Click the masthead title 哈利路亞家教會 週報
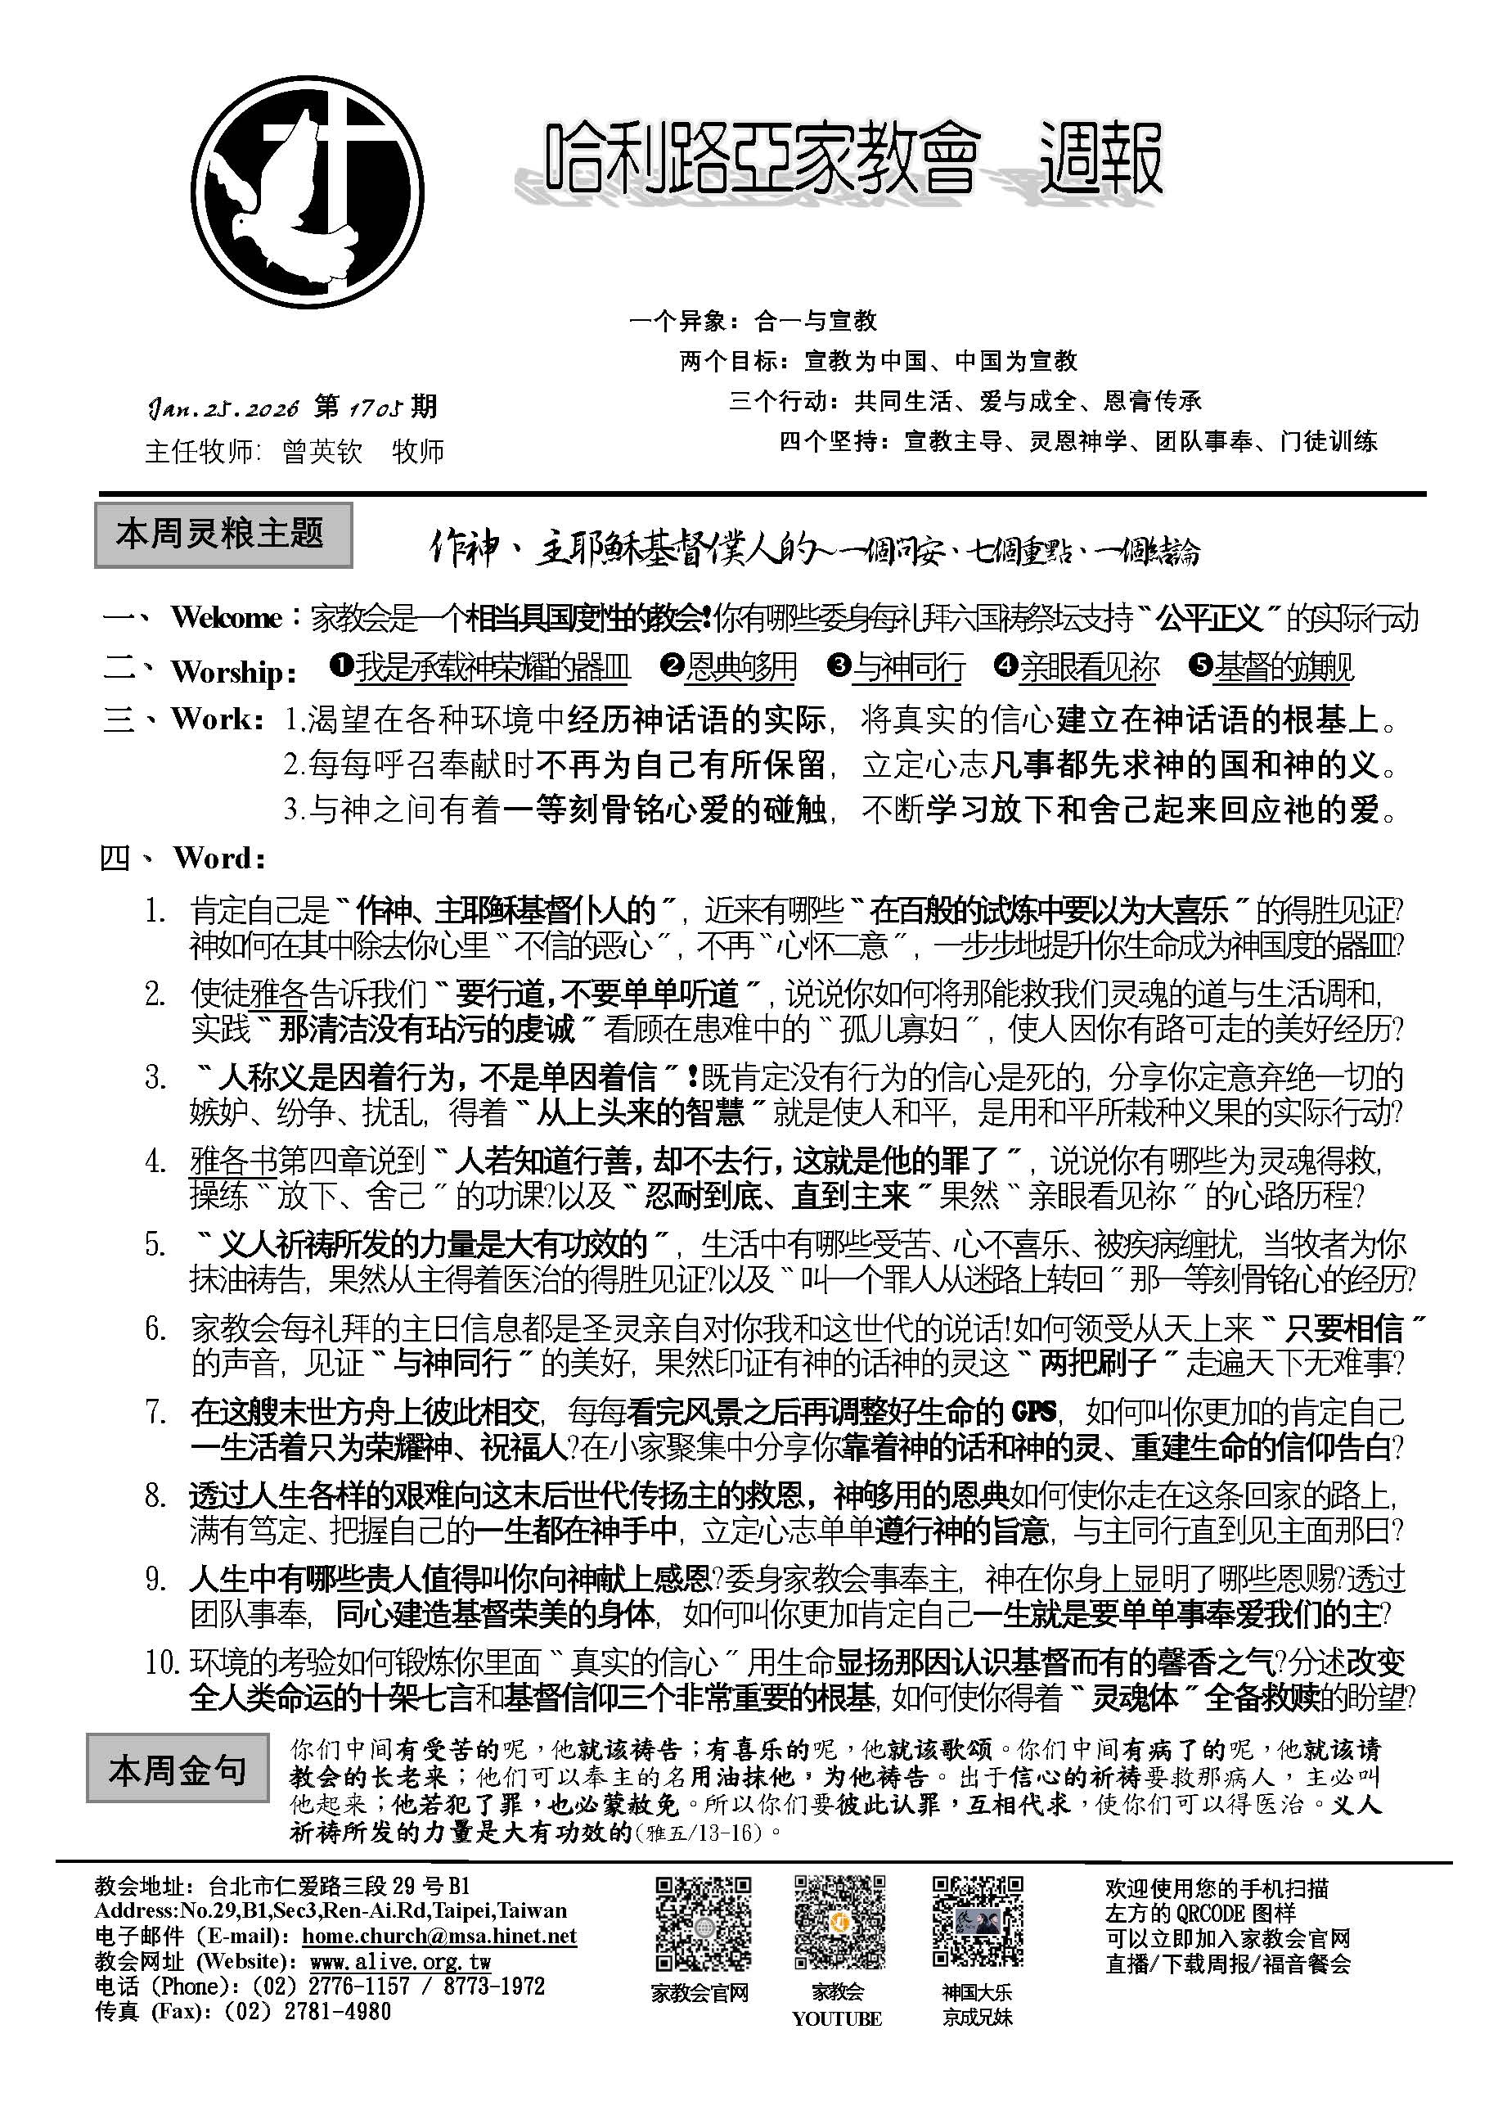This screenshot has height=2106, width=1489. pyautogui.click(x=853, y=161)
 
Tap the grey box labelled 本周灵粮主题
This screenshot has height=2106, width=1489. pyautogui.click(x=223, y=534)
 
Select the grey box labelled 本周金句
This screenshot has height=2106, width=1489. pyautogui.click(x=178, y=1769)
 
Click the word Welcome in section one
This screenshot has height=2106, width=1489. pyautogui.click(x=226, y=618)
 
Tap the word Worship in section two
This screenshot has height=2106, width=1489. pyautogui.click(x=228, y=672)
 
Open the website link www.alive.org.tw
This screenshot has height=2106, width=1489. pyautogui.click(x=400, y=1961)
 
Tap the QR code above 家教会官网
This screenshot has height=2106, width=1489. pyautogui.click(x=704, y=1924)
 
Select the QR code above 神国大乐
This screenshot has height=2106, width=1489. pyautogui.click(x=978, y=1924)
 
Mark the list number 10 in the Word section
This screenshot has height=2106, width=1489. pyautogui.click(x=163, y=1662)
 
